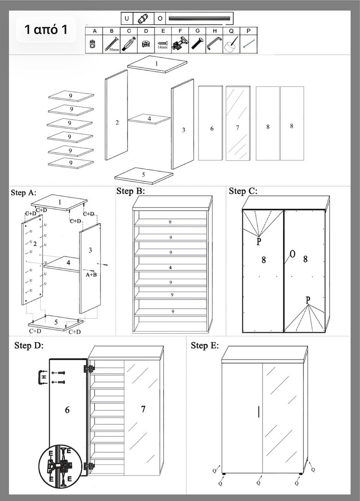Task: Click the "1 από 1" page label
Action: click(46, 29)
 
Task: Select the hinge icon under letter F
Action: click(180, 43)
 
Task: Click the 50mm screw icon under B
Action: click(112, 43)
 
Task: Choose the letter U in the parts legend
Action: click(127, 18)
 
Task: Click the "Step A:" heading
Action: click(23, 192)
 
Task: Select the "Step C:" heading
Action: click(243, 191)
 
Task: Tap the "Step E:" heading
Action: click(205, 345)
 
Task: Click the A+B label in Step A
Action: click(91, 274)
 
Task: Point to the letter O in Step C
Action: click(292, 254)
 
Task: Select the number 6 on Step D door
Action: click(67, 410)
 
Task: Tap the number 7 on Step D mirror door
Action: click(143, 409)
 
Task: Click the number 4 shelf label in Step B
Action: click(170, 268)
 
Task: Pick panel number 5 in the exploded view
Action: click(144, 176)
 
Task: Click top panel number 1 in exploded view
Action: click(157, 64)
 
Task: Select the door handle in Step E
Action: click(259, 412)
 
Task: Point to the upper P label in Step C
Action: click(259, 241)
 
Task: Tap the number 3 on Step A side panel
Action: click(90, 250)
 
